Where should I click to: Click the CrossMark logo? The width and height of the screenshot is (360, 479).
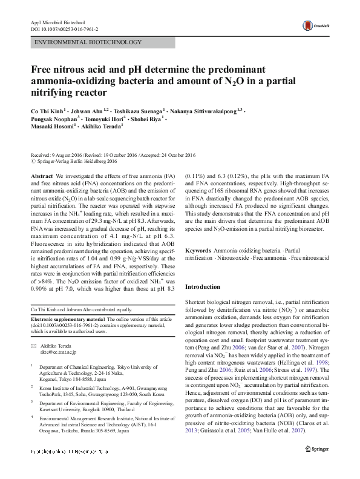tap(315, 25)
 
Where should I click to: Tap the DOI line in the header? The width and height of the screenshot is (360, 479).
tap(64, 28)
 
